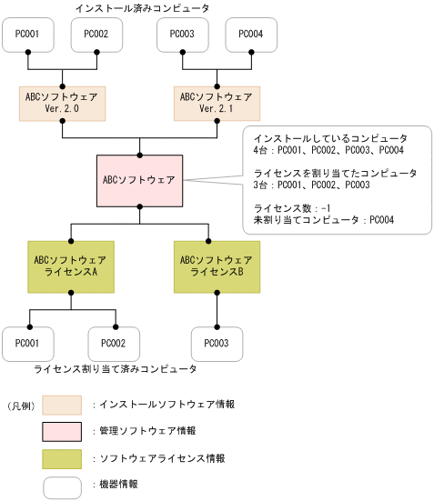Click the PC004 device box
pos(251,35)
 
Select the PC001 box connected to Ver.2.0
pos(28,35)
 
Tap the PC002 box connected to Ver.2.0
pos(96,35)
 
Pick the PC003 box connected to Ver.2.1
pos(183,35)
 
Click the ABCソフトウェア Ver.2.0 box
pos(62,103)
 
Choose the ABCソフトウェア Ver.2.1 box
pos(217,103)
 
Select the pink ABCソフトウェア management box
pos(139,178)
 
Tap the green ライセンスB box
pos(217,266)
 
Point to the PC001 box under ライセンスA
pos(28,344)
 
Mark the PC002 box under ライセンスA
pos(114,344)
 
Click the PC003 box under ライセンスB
pos(217,344)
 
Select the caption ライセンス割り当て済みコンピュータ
pos(115,370)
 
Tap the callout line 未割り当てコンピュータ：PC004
pos(323,219)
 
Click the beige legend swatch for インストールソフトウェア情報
pos(62,404)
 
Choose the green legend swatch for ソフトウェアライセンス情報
pos(62,458)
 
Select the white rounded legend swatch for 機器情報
pos(62,486)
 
